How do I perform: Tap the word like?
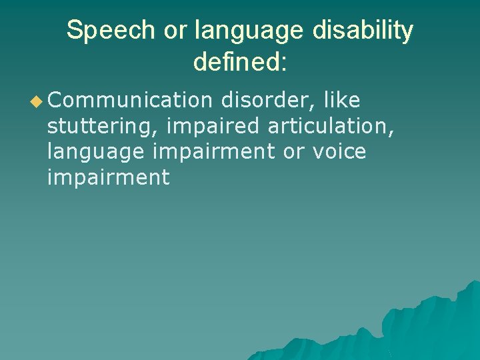(x=341, y=101)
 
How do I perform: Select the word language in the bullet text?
(x=95, y=153)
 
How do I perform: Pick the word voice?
(x=339, y=152)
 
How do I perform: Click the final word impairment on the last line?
(x=108, y=178)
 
